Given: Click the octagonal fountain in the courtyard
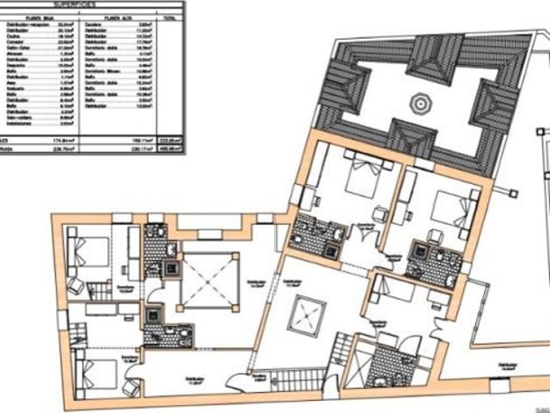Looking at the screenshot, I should click(x=419, y=103).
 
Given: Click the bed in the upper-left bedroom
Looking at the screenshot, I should click(x=91, y=251).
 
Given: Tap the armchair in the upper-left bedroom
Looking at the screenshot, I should click(x=76, y=285).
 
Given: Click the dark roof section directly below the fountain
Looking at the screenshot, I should click(x=411, y=137).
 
